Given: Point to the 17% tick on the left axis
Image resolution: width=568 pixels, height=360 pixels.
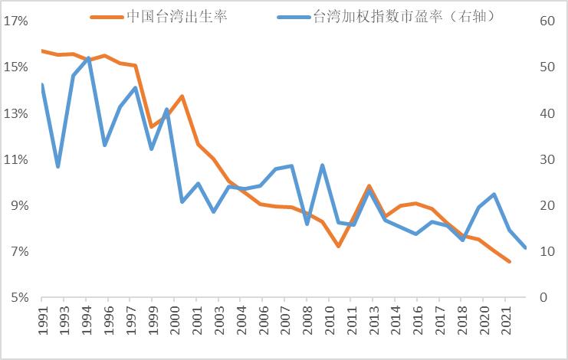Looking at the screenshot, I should point(16,21).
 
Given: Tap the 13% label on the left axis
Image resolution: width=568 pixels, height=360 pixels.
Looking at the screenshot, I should point(16,114).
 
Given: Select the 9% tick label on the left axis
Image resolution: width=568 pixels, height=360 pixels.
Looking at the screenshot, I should point(18,206).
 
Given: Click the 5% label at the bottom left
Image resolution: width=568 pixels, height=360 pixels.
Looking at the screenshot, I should point(18,298).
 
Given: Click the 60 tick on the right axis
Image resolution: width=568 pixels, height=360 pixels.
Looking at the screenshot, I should point(547,21).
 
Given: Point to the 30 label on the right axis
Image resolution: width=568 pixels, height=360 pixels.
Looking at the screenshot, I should point(547,160).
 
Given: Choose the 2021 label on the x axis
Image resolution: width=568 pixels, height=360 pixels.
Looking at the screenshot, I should point(505,321).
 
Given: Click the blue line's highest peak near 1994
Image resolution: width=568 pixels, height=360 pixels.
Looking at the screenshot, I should point(89,57).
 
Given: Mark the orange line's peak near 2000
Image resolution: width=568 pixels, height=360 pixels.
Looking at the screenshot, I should point(182,96).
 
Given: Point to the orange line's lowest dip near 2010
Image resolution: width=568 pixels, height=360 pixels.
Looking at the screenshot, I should point(338,246).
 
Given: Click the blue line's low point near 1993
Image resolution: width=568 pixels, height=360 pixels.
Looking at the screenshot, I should point(57,167).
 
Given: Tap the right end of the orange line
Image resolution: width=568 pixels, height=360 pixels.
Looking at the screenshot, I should point(509,262).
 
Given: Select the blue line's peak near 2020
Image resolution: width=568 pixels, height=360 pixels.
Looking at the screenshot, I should point(494,194).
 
